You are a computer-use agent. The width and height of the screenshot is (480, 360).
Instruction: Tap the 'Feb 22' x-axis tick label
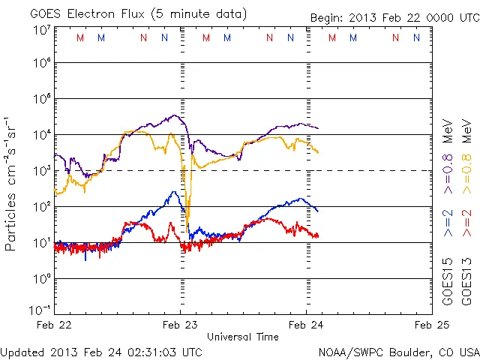tap(55, 325)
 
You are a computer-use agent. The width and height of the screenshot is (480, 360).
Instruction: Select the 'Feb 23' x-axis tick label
tap(181, 325)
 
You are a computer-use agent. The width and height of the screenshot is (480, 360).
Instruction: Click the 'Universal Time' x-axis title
tap(243, 336)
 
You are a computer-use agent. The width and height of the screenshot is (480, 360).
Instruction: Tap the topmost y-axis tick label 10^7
tap(40, 28)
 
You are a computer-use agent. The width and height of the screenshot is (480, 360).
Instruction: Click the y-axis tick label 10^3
tap(40, 170)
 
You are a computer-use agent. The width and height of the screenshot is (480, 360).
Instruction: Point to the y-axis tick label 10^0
tap(40, 278)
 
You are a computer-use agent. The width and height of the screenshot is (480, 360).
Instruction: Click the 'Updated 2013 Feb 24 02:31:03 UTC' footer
tap(101, 351)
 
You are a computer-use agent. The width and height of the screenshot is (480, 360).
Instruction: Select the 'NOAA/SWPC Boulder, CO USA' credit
tap(398, 351)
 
